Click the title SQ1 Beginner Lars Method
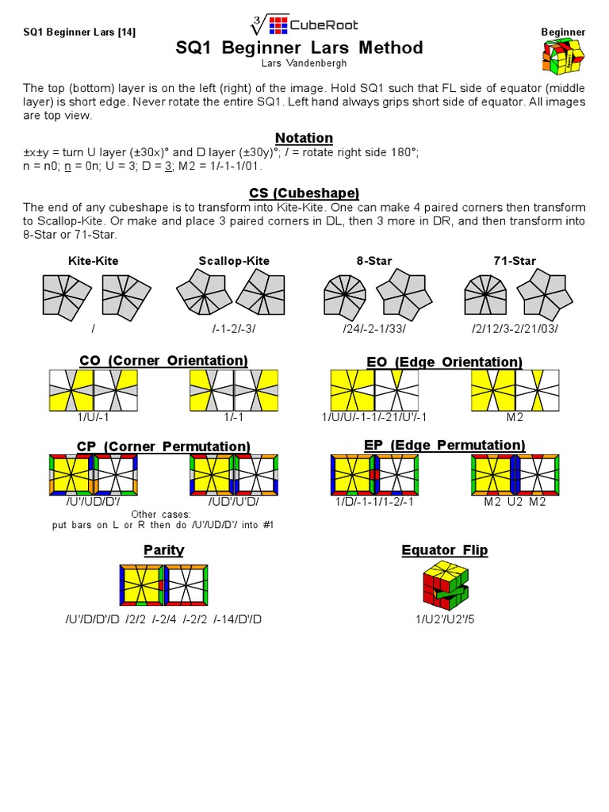(x=299, y=48)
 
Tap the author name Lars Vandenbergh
(x=299, y=63)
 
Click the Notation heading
(x=304, y=138)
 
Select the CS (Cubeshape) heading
(x=304, y=193)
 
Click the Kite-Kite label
(x=93, y=261)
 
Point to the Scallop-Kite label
(x=233, y=261)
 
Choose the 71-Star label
(x=514, y=261)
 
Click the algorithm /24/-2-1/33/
(x=374, y=328)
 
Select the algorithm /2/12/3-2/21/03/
(x=515, y=328)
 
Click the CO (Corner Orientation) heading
(x=164, y=361)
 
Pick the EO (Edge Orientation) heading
(x=444, y=362)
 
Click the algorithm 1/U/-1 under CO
(x=93, y=417)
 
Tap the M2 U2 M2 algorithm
(x=515, y=501)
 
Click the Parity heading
(x=164, y=550)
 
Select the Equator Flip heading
(x=444, y=550)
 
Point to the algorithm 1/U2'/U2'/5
(x=444, y=619)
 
